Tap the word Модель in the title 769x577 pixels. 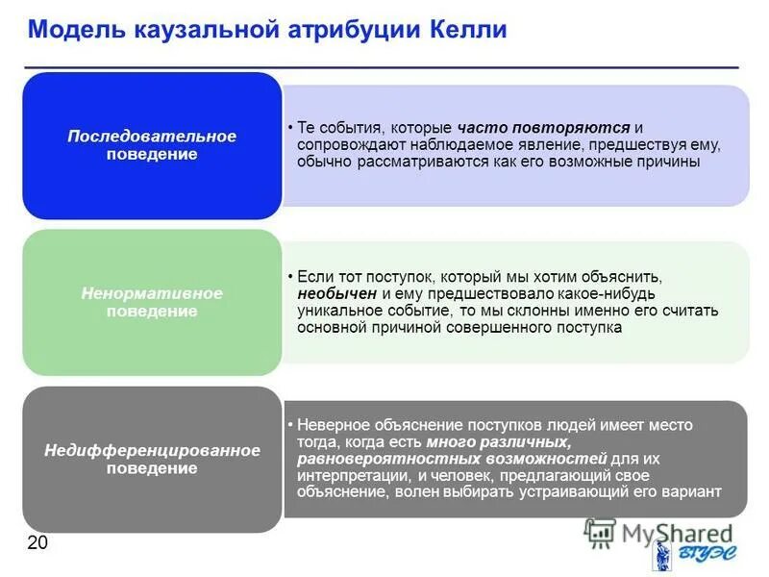tap(73, 29)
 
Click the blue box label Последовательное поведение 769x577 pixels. tap(152, 145)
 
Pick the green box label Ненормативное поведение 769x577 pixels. tap(152, 302)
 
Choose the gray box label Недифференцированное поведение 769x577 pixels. tap(152, 459)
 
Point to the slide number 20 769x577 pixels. tap(37, 543)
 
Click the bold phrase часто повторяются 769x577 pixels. tap(544, 127)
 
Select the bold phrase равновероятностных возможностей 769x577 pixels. tap(452, 458)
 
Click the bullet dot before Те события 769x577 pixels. tap(290, 128)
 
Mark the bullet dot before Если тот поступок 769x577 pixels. tap(290, 276)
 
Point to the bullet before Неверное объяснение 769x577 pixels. tap(290, 424)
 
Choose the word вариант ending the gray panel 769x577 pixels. tap(691, 491)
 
